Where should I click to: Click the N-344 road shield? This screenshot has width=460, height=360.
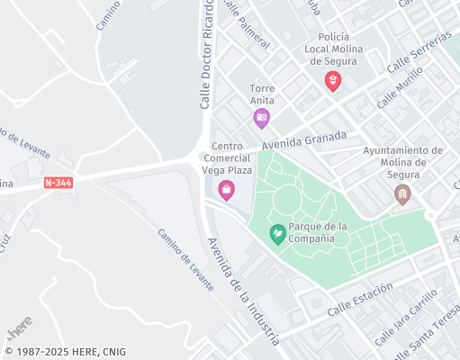tap(59, 183)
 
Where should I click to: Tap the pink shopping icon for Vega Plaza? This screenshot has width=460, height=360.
tap(227, 189)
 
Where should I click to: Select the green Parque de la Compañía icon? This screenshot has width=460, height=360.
tap(279, 234)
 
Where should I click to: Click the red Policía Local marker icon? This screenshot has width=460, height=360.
tap(333, 81)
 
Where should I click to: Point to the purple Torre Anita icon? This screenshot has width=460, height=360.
tap(261, 117)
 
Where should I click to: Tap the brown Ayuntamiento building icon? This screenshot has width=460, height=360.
tap(403, 193)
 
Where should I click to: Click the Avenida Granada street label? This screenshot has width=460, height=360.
tap(304, 140)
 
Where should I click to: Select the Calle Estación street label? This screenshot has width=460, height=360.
tap(360, 298)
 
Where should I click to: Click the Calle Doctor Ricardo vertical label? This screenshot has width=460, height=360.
tap(206, 54)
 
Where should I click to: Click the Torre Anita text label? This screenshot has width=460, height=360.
tap(262, 94)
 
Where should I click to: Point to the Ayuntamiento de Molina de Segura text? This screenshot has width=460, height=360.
tap(402, 163)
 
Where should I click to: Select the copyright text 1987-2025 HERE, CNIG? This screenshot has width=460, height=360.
tap(65, 352)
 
